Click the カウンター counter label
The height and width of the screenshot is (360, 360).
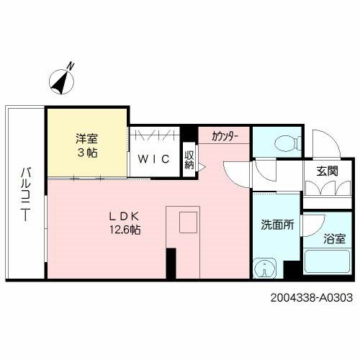coord(225,135)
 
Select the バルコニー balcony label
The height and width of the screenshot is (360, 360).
coord(25,194)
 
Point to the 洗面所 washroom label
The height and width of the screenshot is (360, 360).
coord(277,224)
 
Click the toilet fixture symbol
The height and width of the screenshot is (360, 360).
coord(277,141)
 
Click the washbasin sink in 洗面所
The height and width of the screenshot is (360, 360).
coord(265,269)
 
